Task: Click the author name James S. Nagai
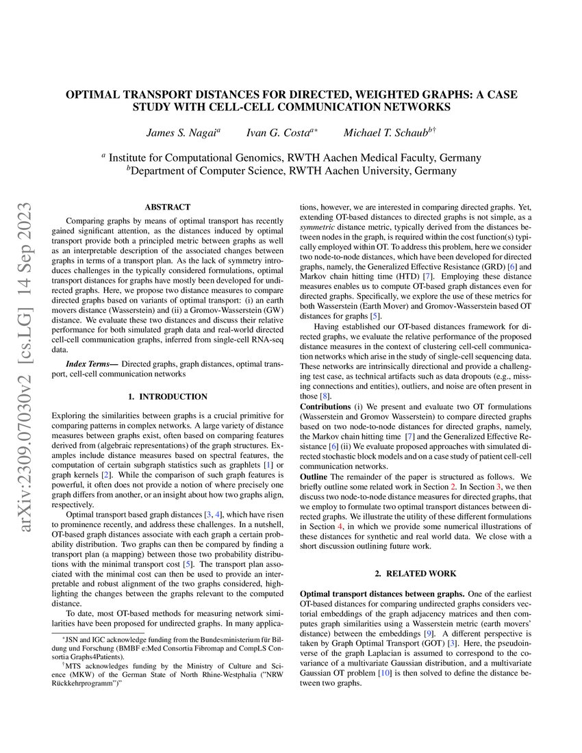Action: pyautogui.click(x=181, y=132)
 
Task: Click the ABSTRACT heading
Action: pyautogui.click(x=168, y=207)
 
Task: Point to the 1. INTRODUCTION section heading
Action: pyautogui.click(x=168, y=396)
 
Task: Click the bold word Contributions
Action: pyautogui.click(x=326, y=407)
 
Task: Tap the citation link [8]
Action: pyautogui.click(x=326, y=396)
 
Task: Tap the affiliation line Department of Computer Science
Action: pyautogui.click(x=291, y=171)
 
